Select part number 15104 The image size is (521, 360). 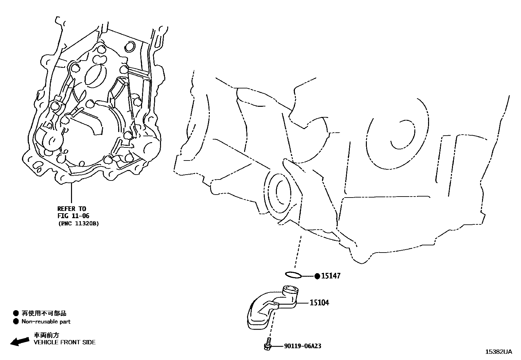319,303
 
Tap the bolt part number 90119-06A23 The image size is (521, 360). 302,346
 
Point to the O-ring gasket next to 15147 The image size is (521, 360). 293,275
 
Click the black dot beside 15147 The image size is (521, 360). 317,276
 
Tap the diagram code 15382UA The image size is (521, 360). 498,352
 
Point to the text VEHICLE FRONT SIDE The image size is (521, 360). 65,342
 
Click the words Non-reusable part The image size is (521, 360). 46,322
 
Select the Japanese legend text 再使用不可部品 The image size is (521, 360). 44,313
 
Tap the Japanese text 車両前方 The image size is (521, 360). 47,335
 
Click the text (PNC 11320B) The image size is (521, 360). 78,224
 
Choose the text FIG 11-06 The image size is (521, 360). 73,216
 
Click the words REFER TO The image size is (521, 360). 72,209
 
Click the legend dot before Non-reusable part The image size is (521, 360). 16,322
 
